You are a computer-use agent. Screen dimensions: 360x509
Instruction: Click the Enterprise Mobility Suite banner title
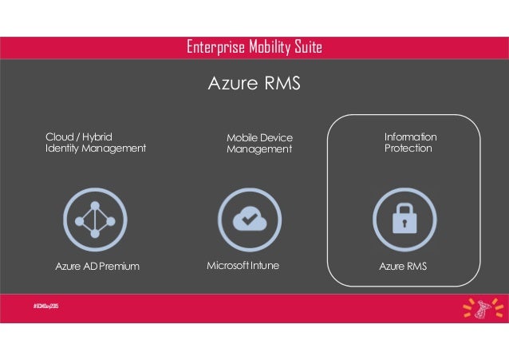254,48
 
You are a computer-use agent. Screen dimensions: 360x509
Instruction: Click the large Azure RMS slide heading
254,83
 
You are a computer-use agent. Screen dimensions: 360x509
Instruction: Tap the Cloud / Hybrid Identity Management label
96,142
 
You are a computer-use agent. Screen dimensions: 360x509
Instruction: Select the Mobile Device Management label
259,144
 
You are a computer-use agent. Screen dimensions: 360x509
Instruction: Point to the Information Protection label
410,143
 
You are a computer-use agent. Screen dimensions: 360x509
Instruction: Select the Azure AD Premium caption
97,266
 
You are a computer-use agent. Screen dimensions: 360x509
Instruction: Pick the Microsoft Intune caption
243,265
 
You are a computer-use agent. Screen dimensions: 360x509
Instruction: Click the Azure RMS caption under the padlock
404,266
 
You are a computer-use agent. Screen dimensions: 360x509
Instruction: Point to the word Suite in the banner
307,48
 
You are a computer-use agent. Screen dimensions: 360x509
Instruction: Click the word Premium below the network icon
119,266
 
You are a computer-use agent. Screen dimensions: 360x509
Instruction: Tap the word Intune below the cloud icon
265,265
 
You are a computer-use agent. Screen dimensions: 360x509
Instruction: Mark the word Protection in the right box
408,148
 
